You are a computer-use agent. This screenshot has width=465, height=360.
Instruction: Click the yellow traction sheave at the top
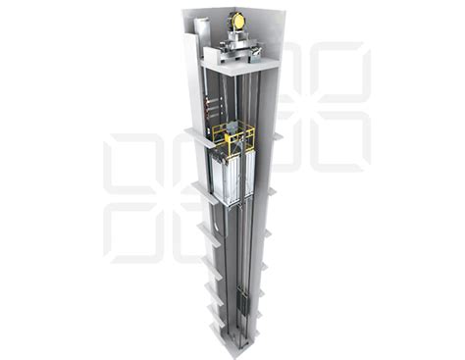pos(236,20)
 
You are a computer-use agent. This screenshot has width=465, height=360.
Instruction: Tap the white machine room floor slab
pos(235,63)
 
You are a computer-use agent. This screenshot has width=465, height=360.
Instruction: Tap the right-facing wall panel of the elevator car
pos(247,176)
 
